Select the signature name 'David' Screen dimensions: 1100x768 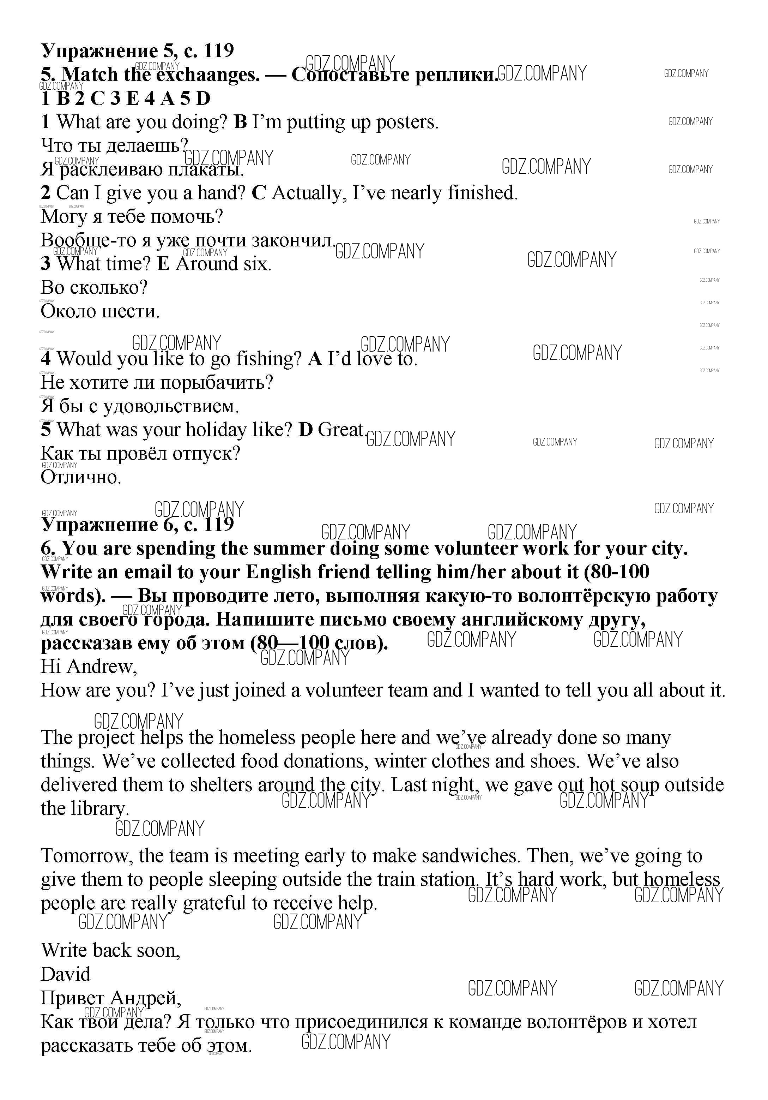tap(66, 974)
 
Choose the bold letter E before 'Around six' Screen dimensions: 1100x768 tap(163, 263)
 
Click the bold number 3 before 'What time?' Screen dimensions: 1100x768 tap(46, 263)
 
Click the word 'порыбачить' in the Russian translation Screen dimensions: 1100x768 tap(216, 382)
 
